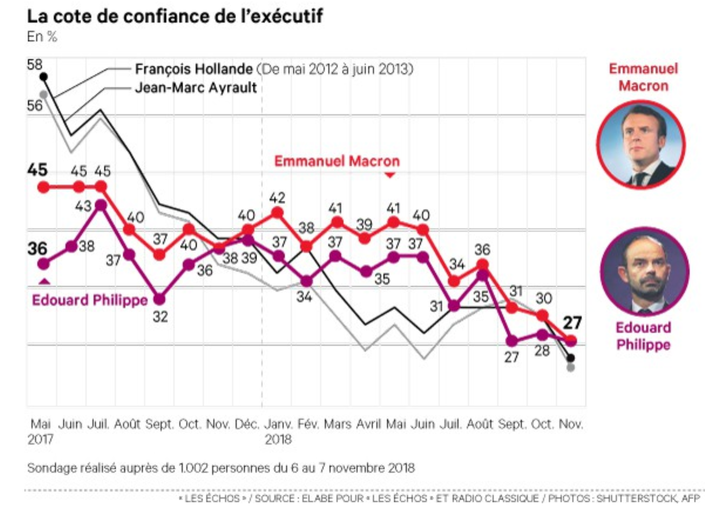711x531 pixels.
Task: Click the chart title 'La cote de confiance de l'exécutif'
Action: [175, 16]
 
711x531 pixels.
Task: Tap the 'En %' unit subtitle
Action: [42, 37]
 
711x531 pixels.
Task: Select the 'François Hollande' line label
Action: [194, 69]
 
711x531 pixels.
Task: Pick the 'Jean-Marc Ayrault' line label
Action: [196, 87]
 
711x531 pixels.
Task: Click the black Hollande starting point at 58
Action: [44, 77]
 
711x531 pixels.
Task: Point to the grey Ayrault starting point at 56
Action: [44, 95]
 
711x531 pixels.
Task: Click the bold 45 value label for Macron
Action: [37, 170]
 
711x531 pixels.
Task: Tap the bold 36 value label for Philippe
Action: [37, 248]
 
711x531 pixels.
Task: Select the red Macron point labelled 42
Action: [277, 213]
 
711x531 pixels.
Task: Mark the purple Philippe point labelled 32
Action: [160, 299]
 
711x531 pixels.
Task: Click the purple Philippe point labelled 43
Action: [101, 205]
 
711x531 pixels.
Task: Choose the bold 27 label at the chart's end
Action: [572, 323]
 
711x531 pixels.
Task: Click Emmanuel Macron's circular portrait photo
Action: [641, 145]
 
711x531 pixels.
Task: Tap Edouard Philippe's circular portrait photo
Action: [644, 271]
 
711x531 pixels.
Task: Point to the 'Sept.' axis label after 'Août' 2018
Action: [511, 424]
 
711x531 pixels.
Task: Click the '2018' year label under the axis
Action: [278, 440]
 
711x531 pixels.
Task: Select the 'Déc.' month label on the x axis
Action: [246, 424]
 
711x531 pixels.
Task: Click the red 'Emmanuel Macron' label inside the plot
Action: [336, 161]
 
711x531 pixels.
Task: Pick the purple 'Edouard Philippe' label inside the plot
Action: [90, 300]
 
